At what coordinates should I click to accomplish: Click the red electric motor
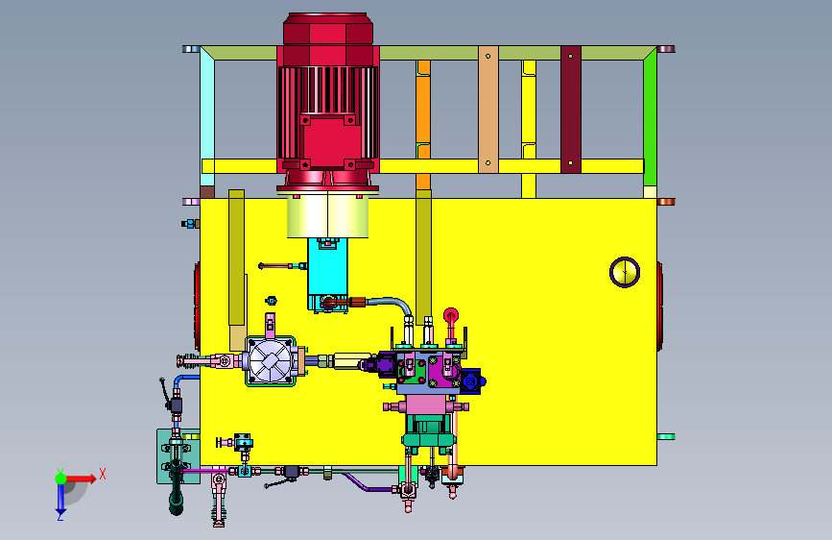pos(328,101)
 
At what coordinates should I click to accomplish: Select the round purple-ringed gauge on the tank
pos(625,272)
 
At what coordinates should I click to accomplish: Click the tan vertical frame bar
pos(488,109)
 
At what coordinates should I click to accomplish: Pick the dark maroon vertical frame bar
pos(571,109)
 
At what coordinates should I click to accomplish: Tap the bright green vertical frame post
pos(650,117)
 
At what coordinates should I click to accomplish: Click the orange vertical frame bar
pos(423,125)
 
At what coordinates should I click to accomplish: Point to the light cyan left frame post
pos(207,117)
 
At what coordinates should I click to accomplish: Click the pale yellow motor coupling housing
pos(328,215)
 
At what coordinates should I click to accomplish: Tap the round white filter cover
pos(270,361)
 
